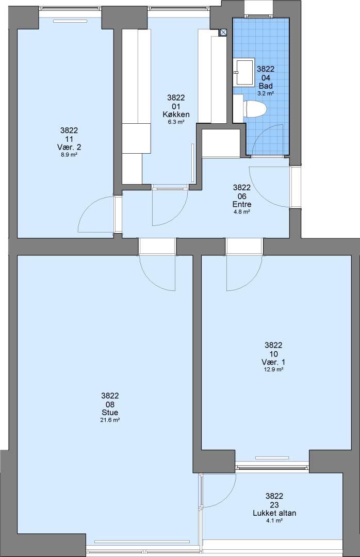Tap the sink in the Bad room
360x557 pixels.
pos(244,72)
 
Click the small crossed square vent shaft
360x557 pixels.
pos(223,32)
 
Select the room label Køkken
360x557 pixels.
pos(176,114)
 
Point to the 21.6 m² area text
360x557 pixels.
pos(110,420)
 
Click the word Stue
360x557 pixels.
pos(110,413)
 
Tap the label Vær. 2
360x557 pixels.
pos(69,147)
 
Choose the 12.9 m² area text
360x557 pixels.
pos(273,369)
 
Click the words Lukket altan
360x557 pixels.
pos(274,513)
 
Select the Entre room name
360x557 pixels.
pos(242,204)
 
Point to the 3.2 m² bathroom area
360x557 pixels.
pos(266,93)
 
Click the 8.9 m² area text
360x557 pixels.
pos(69,155)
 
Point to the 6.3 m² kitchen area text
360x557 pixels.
pos(176,122)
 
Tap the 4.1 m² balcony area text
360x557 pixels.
pos(274,521)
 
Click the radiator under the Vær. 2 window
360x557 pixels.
pos(70,21)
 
